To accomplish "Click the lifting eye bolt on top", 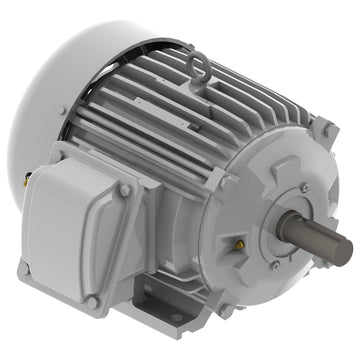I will coord(200,69).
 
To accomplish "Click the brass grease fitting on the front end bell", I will coord(240,243).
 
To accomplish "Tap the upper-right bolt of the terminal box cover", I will coord(125,189).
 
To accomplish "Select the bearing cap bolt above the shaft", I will coord(303,188).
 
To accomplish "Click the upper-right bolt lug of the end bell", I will coord(323,128).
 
